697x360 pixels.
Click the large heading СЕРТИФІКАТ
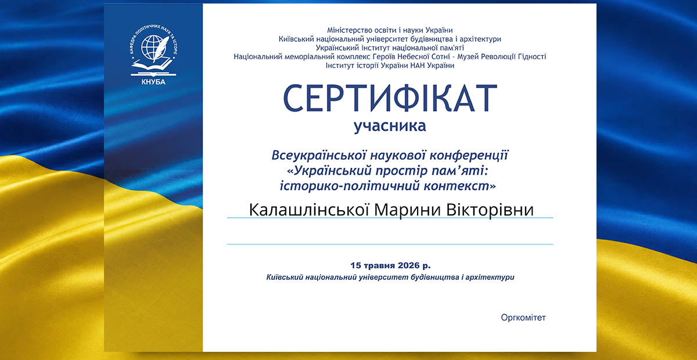coord(390,98)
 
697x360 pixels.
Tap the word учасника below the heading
coord(390,127)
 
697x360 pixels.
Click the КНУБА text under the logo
coord(153,82)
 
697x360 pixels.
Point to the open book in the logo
coord(152,66)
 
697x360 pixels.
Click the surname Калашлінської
coord(308,210)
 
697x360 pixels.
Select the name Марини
coord(407,210)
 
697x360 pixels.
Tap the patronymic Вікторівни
coord(490,210)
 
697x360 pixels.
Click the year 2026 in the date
coord(404,265)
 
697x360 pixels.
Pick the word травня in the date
coord(375,266)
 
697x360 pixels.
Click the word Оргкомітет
coord(523,318)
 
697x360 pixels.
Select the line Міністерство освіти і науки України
coord(390,30)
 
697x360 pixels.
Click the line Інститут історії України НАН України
coord(390,66)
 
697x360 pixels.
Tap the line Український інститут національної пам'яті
coord(390,48)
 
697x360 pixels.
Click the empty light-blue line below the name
coord(390,244)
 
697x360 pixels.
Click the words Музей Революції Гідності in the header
coord(502,57)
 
